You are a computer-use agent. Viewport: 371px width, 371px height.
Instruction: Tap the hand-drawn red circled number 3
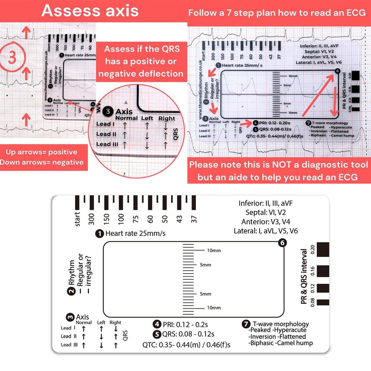12,58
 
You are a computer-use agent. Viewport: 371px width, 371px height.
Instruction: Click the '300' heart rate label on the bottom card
91,219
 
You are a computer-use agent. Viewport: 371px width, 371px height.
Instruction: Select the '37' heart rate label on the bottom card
195,219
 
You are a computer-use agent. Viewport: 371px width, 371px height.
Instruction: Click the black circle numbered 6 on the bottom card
283,243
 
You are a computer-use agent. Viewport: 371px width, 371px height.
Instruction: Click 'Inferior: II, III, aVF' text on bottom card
265,203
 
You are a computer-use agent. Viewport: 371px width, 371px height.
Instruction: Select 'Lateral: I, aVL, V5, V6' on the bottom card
266,231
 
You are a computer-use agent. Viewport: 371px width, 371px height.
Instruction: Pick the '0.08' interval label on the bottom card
304,302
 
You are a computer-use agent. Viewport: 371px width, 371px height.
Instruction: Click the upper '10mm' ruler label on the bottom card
213,251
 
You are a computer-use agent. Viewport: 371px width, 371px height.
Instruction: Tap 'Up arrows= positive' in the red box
41,152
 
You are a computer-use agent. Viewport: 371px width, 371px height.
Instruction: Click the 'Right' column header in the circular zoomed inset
167,118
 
